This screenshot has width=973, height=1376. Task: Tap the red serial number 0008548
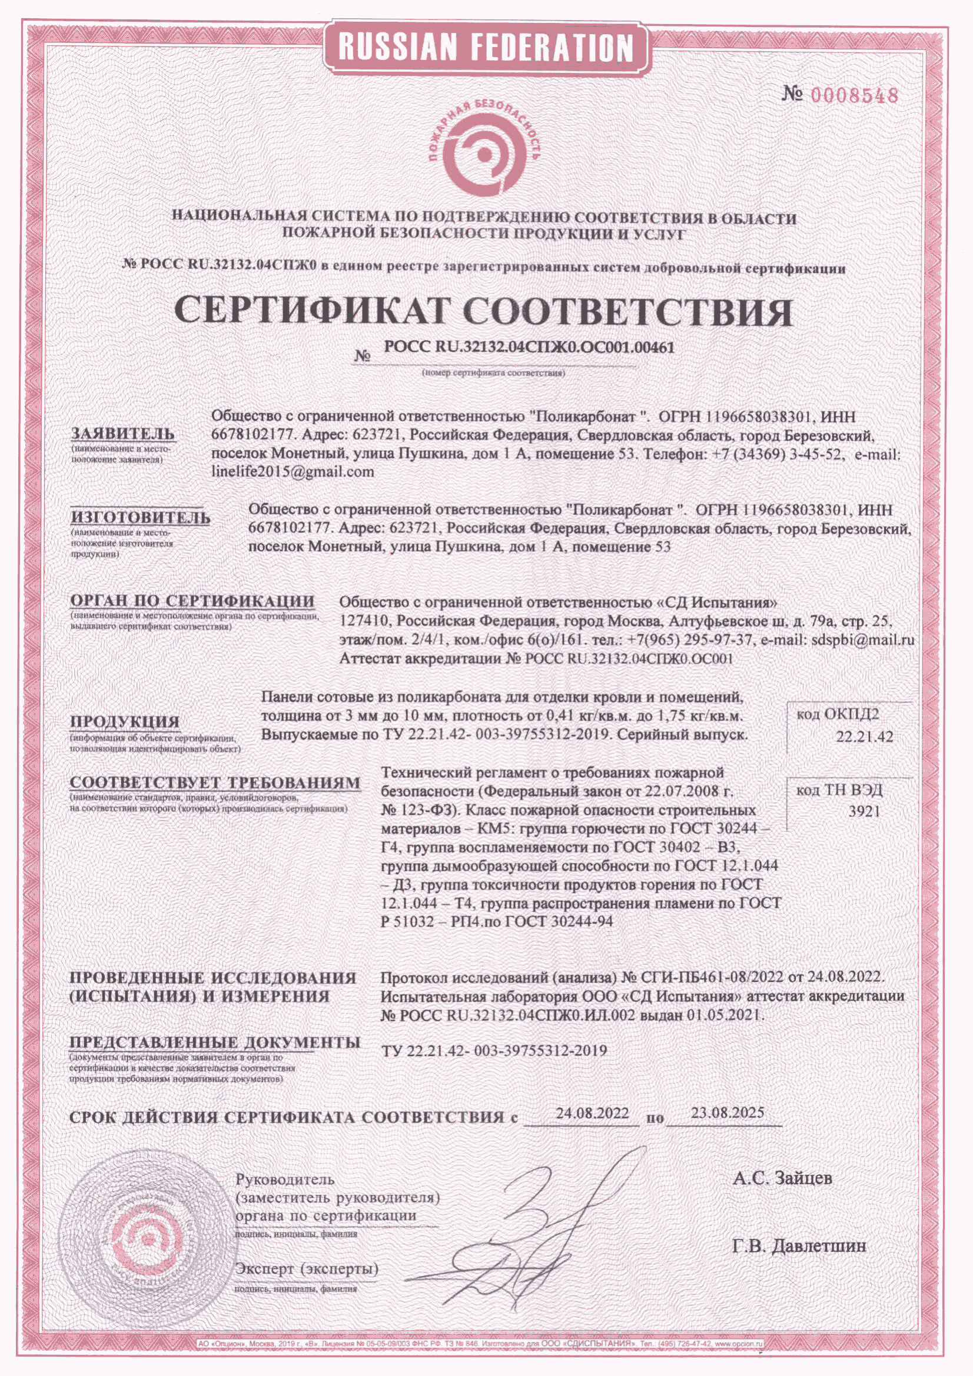coord(854,95)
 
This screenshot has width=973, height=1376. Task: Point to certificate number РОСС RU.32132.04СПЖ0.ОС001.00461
coord(529,347)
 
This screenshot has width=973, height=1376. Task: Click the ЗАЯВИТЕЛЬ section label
coord(123,434)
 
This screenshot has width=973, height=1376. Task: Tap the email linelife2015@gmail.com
coord(293,472)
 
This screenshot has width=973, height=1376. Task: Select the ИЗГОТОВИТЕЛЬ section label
coord(140,517)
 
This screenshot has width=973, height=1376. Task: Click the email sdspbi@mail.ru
coord(863,639)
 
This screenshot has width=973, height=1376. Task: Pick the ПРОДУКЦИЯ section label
coord(125,721)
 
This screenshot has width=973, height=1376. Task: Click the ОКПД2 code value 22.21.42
coord(864,737)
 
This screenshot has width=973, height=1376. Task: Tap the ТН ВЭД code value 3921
coord(864,811)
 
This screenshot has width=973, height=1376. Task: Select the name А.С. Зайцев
coord(782,1178)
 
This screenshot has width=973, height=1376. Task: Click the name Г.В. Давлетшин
coord(799,1246)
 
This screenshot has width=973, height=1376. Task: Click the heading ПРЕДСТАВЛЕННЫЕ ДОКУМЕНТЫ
coord(215,1042)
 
